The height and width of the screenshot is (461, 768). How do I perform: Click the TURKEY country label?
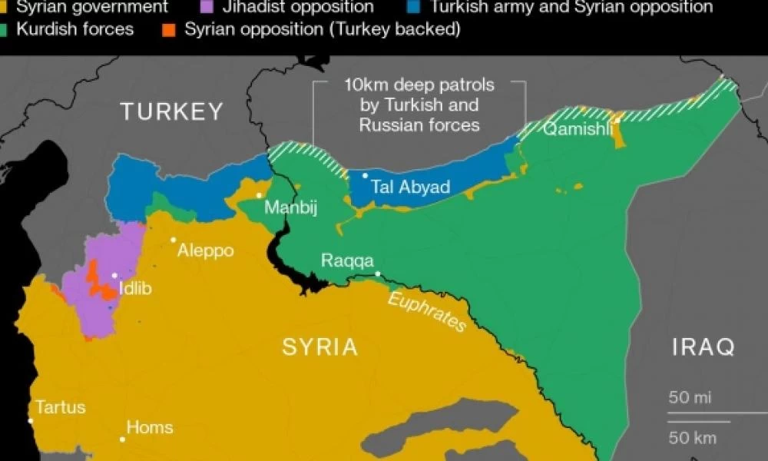coord(171,112)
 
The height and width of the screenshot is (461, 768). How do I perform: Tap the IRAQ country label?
coord(703,347)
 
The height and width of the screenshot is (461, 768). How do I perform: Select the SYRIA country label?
coord(320,347)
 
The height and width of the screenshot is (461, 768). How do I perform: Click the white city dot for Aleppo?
coord(174,240)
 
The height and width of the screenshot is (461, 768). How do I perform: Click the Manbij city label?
coord(290,207)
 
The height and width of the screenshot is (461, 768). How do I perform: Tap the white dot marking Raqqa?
coord(377,274)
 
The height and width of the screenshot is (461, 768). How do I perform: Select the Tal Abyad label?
coord(410,187)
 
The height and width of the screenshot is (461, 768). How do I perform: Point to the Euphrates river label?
coord(427,312)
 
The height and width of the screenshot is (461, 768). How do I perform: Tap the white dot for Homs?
coord(122,439)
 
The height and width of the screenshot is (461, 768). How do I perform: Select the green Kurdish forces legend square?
coord(6,30)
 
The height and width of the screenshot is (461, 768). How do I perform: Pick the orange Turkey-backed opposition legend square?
coord(170,30)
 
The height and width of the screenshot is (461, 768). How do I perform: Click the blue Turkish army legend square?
coord(415,8)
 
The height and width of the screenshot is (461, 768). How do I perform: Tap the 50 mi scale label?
coord(689,398)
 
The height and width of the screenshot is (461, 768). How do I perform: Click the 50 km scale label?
coord(691,438)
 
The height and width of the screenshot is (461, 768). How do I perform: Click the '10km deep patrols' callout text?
coord(419,104)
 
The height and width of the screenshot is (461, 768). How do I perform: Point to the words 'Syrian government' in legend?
coord(91,8)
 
